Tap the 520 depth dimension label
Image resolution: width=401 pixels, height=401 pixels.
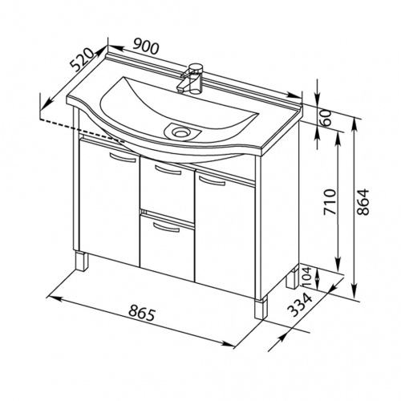tap(82, 60)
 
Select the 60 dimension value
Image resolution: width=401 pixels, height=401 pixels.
tap(326, 118)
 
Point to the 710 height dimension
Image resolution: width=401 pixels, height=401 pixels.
tap(330, 202)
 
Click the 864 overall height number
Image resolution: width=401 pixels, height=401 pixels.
tap(363, 202)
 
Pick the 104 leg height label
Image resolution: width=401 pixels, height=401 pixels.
tap(307, 277)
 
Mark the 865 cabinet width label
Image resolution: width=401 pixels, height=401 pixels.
tap(141, 313)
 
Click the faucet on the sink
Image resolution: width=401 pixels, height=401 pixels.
tap(191, 79)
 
